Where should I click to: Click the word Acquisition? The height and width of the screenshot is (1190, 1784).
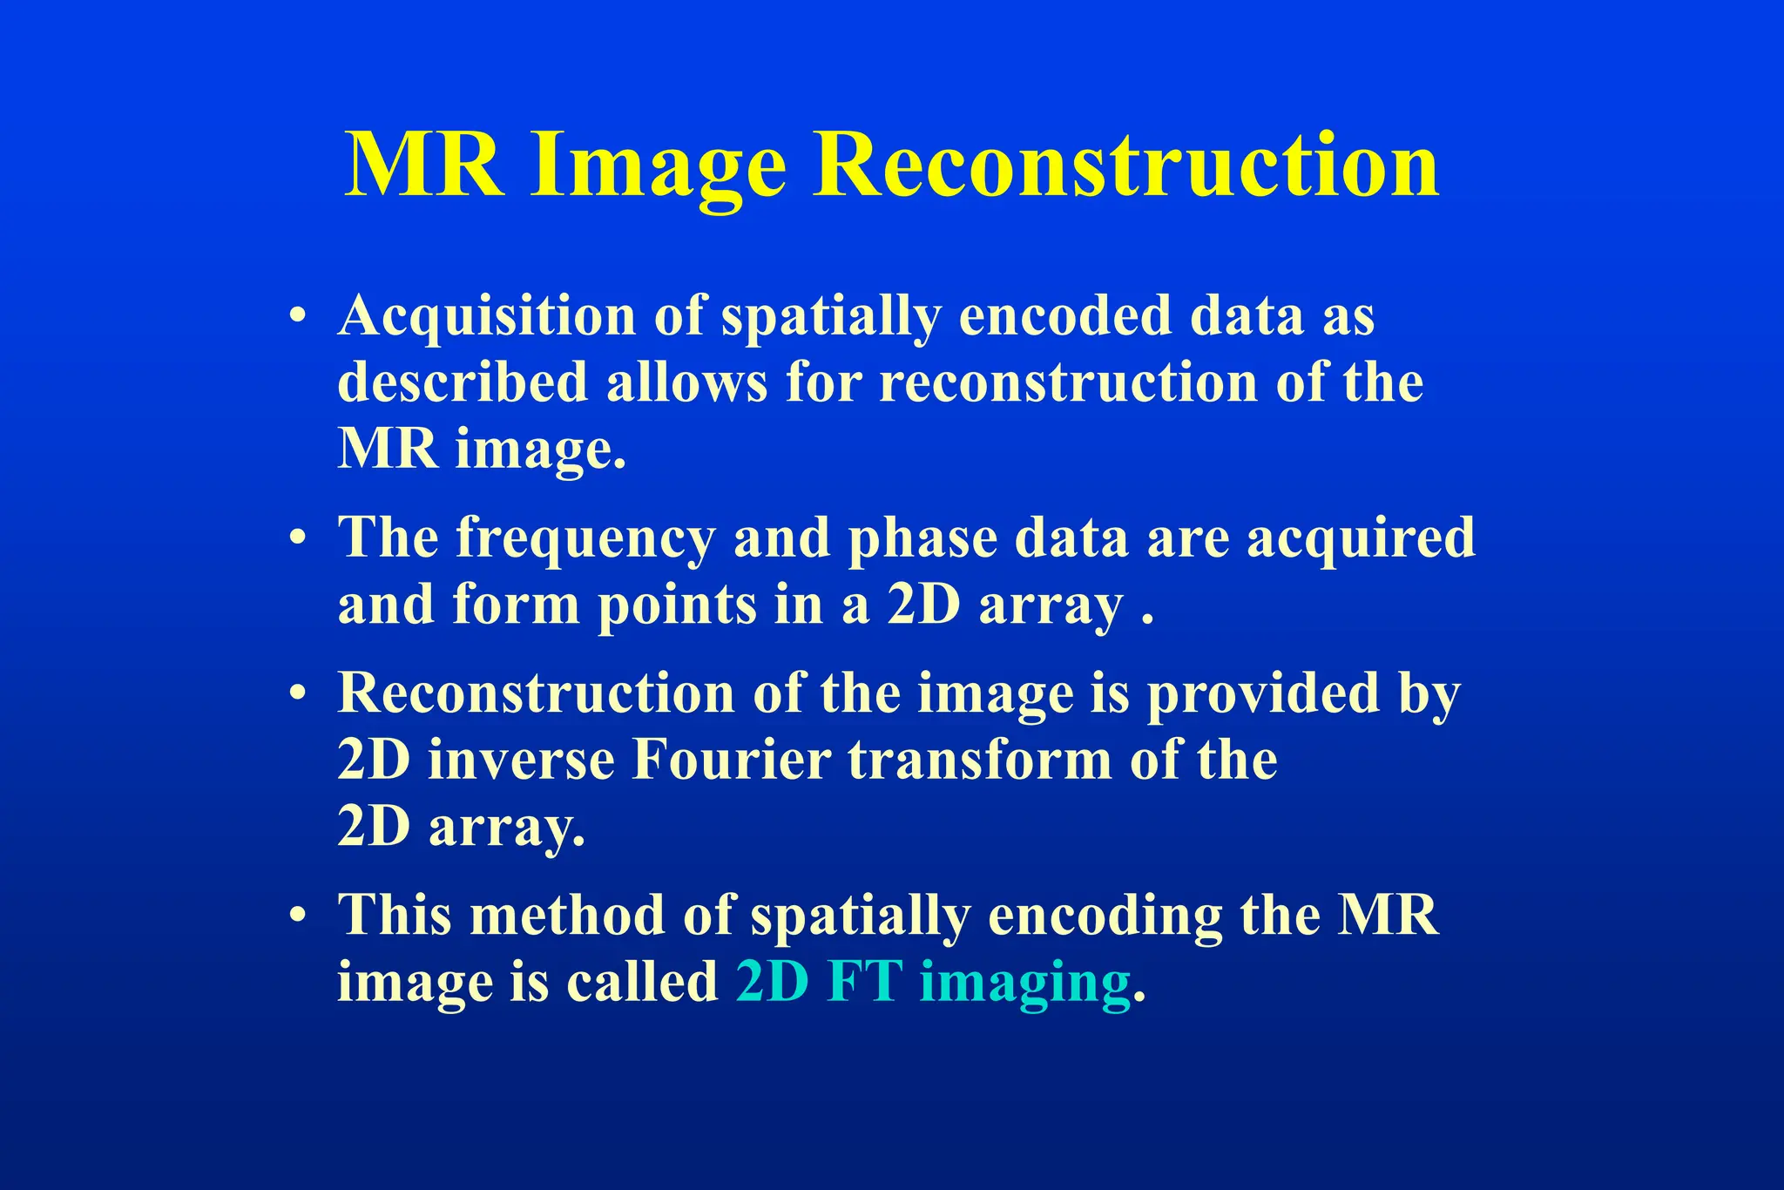[487, 315]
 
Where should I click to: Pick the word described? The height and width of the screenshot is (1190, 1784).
[463, 382]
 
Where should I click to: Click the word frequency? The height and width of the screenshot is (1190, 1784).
[585, 538]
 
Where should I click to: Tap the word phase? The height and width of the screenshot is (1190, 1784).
[922, 538]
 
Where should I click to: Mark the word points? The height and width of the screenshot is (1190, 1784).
[677, 605]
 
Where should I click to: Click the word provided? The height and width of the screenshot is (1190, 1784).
[1262, 694]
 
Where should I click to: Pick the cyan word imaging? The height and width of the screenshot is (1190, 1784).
[1024, 984]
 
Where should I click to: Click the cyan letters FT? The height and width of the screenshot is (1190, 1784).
[864, 982]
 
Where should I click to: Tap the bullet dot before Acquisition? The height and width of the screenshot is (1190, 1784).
[299, 316]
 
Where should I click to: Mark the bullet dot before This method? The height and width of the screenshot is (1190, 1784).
[299, 916]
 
